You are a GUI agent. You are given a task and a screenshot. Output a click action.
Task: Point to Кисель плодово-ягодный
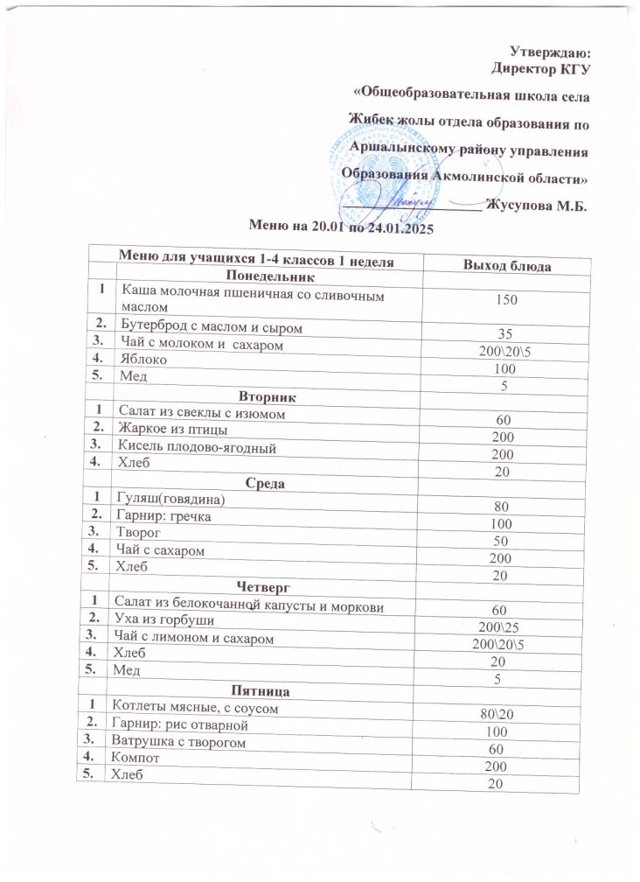tap(195, 447)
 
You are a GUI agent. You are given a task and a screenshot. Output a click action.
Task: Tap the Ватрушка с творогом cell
tap(177, 742)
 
